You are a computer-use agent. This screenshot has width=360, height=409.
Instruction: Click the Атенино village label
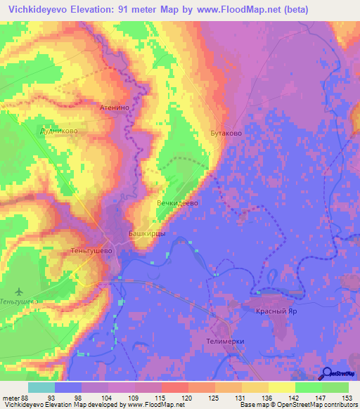(x=115, y=109)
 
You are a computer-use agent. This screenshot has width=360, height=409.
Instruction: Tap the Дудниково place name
(x=58, y=131)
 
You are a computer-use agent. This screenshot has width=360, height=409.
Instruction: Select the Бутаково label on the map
(x=226, y=132)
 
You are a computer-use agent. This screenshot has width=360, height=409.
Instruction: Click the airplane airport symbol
(x=19, y=291)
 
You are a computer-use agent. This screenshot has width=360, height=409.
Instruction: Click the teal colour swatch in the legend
(x=41, y=387)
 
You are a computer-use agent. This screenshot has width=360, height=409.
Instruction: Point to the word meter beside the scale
(x=10, y=398)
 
